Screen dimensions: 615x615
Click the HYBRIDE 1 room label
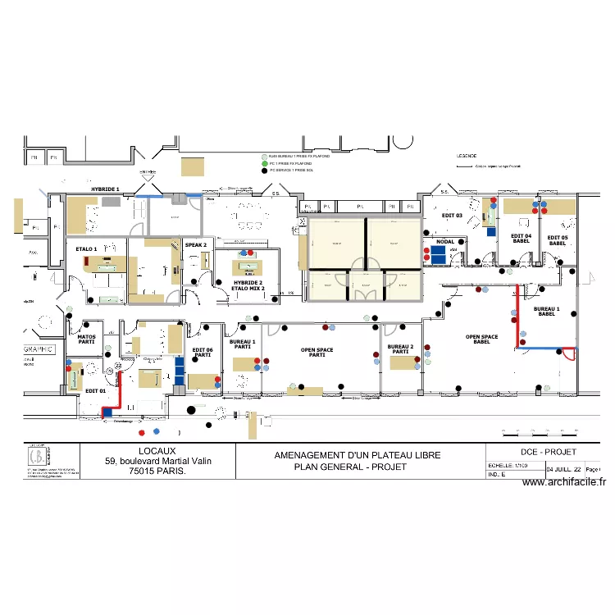click(x=105, y=189)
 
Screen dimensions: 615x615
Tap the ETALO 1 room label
click(x=86, y=248)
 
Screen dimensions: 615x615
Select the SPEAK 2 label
click(x=195, y=244)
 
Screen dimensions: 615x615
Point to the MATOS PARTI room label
click(x=86, y=339)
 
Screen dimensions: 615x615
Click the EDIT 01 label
click(x=96, y=390)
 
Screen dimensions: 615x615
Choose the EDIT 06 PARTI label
click(x=203, y=353)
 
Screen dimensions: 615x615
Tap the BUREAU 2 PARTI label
click(x=400, y=349)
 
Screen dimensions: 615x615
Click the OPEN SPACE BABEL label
click(x=481, y=339)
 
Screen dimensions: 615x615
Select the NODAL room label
click(x=445, y=242)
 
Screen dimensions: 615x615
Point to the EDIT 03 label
click(x=453, y=215)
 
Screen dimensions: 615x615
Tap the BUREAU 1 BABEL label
click(x=546, y=312)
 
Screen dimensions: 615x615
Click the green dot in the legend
click(x=264, y=163)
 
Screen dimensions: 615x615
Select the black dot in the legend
click(x=264, y=170)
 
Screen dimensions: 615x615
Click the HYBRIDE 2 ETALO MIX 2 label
click(x=248, y=285)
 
